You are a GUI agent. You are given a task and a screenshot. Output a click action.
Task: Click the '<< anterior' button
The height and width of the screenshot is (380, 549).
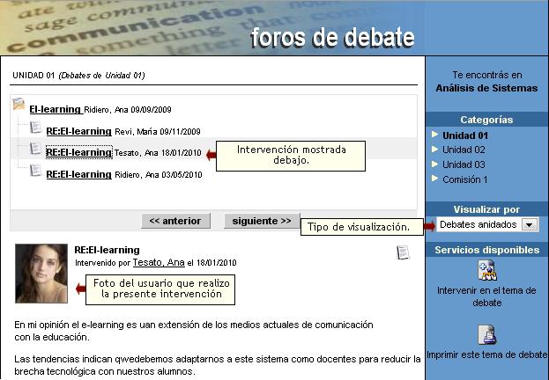tap(175, 221)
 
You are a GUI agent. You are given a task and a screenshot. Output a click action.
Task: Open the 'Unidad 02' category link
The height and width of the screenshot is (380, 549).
tap(464, 150)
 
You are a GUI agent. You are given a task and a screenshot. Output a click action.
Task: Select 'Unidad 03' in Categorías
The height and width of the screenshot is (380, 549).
tap(464, 164)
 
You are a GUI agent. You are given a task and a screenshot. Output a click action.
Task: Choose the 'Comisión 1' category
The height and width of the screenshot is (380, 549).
tap(464, 179)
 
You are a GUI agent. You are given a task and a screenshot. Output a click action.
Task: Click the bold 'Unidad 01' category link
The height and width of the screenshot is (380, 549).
tap(465, 135)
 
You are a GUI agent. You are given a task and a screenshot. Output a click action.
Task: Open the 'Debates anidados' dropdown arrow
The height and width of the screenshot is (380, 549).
tap(530, 224)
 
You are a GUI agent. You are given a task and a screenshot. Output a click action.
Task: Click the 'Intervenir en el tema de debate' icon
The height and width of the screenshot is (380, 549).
tap(487, 270)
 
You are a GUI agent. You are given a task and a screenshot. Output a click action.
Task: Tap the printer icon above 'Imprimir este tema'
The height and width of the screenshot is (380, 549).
tap(486, 334)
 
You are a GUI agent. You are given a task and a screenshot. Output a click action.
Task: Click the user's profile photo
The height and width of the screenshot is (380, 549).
tap(41, 274)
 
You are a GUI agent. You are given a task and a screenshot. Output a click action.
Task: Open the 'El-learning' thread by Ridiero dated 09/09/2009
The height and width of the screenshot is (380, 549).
tap(56, 109)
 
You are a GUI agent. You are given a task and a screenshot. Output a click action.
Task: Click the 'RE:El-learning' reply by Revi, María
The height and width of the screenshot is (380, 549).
tap(78, 131)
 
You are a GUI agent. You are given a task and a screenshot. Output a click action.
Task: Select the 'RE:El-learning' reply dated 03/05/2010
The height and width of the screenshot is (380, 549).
tap(78, 174)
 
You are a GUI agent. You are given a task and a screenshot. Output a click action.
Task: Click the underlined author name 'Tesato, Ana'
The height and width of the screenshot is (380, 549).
tap(159, 262)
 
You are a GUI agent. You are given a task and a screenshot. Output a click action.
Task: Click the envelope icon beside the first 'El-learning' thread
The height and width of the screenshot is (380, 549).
tap(19, 104)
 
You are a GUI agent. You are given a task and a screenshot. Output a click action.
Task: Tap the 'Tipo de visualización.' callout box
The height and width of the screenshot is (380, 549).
tap(361, 227)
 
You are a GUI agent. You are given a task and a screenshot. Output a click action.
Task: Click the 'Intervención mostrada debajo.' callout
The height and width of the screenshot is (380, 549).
tap(291, 156)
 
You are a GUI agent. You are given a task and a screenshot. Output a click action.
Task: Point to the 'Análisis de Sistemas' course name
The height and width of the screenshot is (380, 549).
tap(486, 88)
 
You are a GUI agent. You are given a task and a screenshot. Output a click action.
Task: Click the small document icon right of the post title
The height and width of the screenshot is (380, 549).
tap(403, 252)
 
